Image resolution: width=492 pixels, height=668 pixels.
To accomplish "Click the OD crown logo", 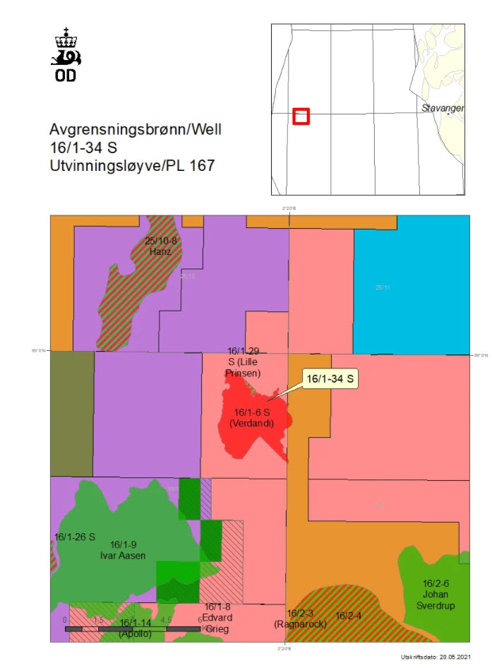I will pyautogui.click(x=66, y=55).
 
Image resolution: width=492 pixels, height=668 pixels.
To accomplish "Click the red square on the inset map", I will pyautogui.click(x=301, y=116).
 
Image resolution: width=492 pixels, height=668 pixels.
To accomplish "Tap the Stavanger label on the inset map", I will pyautogui.click(x=443, y=108).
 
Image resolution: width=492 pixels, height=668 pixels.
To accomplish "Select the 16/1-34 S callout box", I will pyautogui.click(x=330, y=379).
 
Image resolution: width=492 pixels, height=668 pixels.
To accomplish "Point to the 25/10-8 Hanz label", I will pyautogui.click(x=161, y=246).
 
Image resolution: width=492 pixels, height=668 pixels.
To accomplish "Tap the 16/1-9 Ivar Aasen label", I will pyautogui.click(x=128, y=550).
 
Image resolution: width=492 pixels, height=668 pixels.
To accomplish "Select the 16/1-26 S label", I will pyautogui.click(x=74, y=537).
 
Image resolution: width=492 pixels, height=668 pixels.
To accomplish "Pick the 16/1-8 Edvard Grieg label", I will pyautogui.click(x=217, y=618).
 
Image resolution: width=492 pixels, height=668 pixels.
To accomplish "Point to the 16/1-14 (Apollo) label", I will pyautogui.click(x=135, y=628).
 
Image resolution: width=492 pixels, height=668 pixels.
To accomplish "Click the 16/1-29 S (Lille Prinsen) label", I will pyautogui.click(x=244, y=362).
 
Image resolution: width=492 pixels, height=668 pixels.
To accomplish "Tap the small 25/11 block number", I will pyautogui.click(x=381, y=287).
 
